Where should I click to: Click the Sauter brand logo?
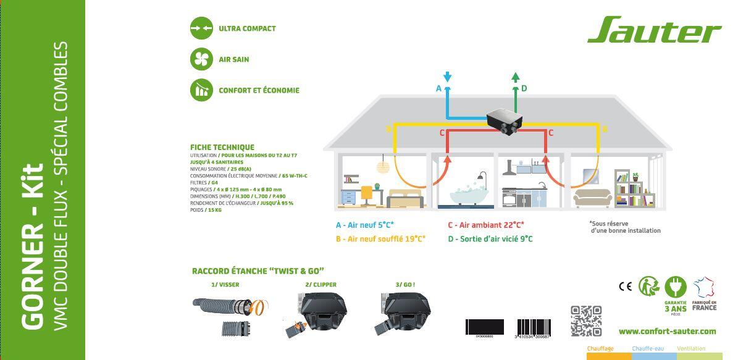(653, 30)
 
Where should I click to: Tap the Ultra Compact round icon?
(201, 28)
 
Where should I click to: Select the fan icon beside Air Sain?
(201, 59)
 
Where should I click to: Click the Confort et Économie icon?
(201, 90)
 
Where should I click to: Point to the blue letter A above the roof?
(438, 88)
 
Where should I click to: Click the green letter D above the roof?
(524, 88)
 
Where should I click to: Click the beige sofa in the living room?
(593, 198)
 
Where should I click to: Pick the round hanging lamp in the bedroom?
(382, 167)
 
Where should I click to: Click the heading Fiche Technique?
(222, 147)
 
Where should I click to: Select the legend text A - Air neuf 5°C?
(365, 225)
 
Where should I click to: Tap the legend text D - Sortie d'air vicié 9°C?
(490, 239)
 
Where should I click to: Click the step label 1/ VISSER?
(225, 285)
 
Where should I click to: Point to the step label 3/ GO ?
(405, 285)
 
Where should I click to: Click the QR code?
(585, 320)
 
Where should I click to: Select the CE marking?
(625, 286)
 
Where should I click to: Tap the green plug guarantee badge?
(676, 287)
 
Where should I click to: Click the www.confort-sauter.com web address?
(667, 331)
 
